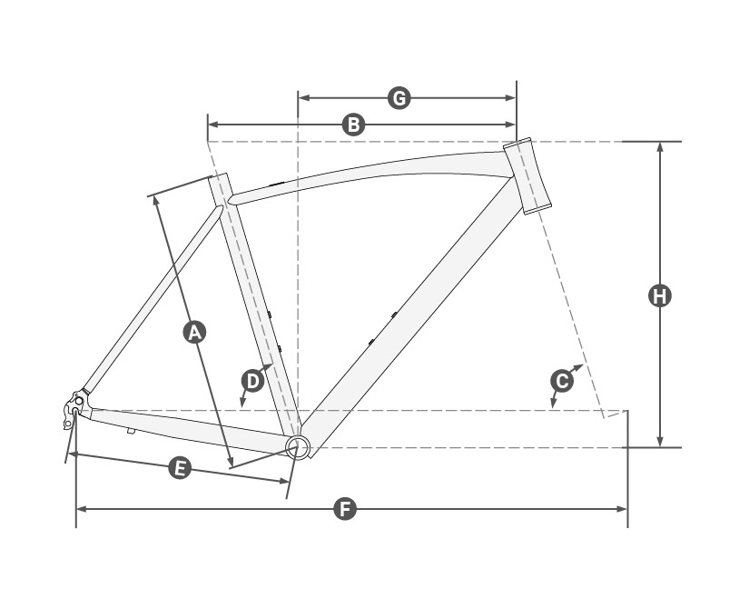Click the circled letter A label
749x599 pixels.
click(194, 333)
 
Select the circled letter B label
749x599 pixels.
click(353, 125)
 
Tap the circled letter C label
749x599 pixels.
click(562, 382)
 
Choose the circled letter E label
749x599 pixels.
click(180, 468)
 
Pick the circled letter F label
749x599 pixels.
click(345, 509)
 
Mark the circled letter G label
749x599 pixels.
click(399, 98)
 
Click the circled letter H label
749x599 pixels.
click(660, 295)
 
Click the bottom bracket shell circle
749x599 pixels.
click(298, 447)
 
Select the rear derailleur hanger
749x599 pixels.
click(72, 409)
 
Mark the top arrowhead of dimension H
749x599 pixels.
click(660, 147)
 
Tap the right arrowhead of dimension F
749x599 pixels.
click(622, 509)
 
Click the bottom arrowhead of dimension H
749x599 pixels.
click(660, 442)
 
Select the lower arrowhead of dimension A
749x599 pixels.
click(231, 461)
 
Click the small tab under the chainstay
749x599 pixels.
click(131, 431)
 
